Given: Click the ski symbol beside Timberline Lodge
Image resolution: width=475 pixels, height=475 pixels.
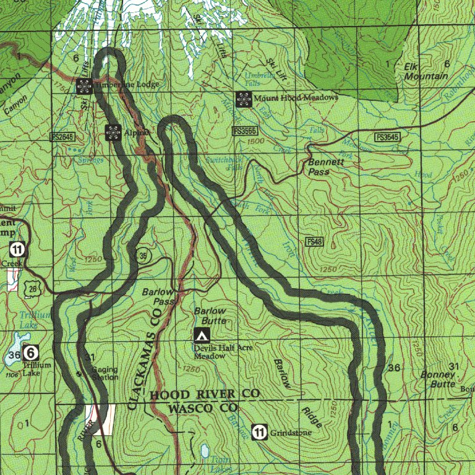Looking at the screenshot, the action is pyautogui.click(x=84, y=86).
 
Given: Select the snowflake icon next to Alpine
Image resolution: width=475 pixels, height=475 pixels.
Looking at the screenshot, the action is pyautogui.click(x=113, y=132).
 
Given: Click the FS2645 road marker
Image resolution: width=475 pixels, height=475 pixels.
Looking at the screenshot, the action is pyautogui.click(x=62, y=135).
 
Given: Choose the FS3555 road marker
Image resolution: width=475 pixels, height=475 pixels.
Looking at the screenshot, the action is pyautogui.click(x=245, y=131).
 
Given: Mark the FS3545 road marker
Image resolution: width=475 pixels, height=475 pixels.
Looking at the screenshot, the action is pyautogui.click(x=387, y=137).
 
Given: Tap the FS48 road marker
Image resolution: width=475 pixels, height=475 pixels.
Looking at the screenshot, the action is pyautogui.click(x=314, y=241).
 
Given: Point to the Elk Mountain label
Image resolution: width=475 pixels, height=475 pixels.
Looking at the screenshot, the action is pyautogui.click(x=426, y=71).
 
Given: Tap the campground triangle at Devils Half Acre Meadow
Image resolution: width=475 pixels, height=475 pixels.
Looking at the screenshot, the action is pyautogui.click(x=201, y=335).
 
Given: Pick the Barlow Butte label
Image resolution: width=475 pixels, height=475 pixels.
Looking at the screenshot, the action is pyautogui.click(x=210, y=316).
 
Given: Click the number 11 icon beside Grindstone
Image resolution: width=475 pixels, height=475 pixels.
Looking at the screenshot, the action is pyautogui.click(x=260, y=432).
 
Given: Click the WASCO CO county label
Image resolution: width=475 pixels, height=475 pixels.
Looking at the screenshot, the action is pyautogui.click(x=203, y=408).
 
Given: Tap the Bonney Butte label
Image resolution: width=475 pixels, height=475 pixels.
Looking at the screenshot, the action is pyautogui.click(x=438, y=379).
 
